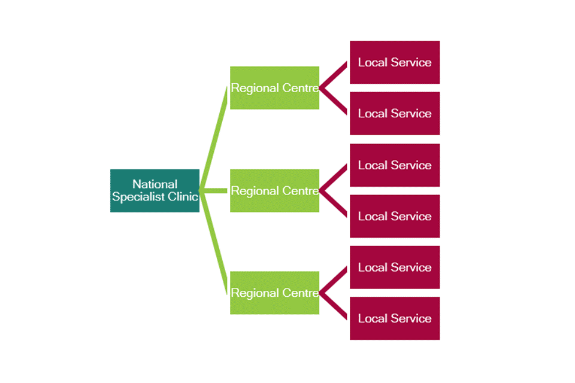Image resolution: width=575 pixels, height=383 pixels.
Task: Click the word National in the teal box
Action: [x=155, y=184]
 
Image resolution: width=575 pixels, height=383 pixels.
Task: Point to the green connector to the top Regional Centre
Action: [x=214, y=138]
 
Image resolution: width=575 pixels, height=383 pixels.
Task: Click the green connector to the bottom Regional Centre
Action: [x=214, y=242]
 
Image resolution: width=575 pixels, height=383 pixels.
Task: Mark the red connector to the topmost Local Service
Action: [x=334, y=74]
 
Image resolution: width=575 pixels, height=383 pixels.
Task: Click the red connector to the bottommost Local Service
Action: [x=334, y=306]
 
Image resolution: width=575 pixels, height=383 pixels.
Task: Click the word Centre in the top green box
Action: [x=299, y=88]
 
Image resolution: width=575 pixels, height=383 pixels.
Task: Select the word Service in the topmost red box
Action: [x=411, y=62]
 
